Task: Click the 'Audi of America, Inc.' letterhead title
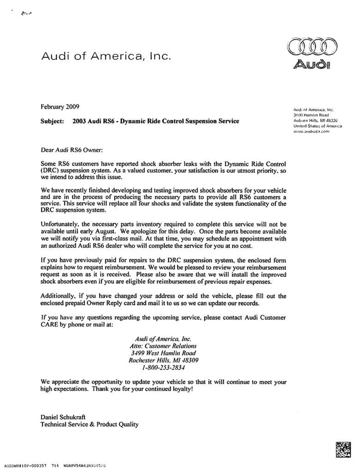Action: pyautogui.click(x=106, y=57)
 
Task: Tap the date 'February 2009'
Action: pyautogui.click(x=60, y=107)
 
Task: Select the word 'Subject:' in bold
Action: pyautogui.click(x=53, y=122)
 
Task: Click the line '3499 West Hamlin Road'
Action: pyautogui.click(x=164, y=353)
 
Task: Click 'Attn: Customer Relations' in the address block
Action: pyautogui.click(x=164, y=345)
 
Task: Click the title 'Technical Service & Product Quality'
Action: pyautogui.click(x=89, y=425)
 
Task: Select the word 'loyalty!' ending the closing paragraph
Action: pyautogui.click(x=177, y=389)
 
